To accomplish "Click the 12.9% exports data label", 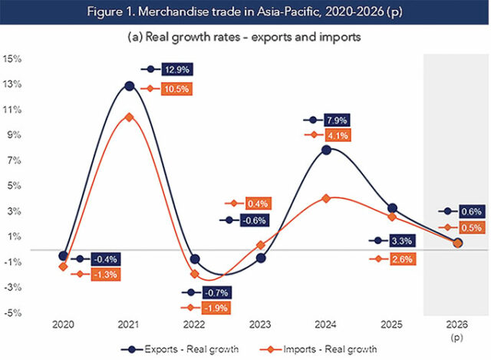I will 177,69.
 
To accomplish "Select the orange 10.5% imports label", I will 177,88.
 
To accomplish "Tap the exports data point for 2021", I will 130,86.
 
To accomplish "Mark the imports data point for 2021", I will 130,117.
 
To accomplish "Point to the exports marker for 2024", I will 326,150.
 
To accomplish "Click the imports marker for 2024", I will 326,198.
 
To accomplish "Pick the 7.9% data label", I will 338,121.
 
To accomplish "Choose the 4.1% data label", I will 338,136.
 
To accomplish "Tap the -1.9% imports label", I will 216,309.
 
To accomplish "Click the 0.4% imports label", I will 257,203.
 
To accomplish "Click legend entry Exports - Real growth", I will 179,348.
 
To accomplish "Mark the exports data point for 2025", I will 392,208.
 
